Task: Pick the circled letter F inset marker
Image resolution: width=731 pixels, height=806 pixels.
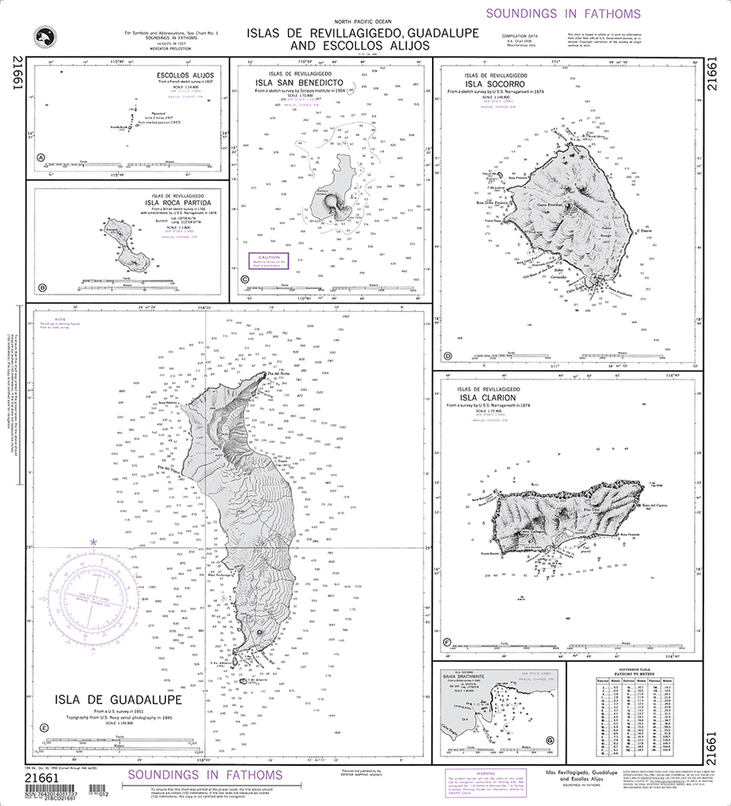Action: coord(448,642)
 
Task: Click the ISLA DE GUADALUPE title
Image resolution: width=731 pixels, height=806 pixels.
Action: coord(119,700)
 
